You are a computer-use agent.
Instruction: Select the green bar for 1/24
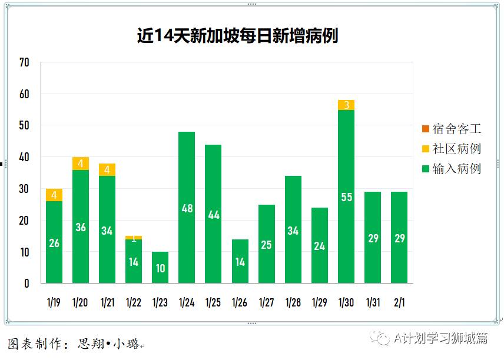[187, 207]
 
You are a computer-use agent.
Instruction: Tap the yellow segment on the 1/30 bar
[346, 105]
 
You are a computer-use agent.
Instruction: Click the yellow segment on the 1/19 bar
[54, 195]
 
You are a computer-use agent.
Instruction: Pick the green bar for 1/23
[160, 267]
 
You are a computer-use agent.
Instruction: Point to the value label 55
[346, 197]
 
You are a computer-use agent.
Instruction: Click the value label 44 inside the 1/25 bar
[213, 215]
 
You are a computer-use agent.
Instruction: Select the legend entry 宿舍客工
[452, 128]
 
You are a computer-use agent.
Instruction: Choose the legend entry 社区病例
[452, 148]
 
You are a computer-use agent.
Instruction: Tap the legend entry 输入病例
[452, 169]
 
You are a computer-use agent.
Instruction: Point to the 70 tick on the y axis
[24, 62]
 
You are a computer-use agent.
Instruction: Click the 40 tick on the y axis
[24, 157]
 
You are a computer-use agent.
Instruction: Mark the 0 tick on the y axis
[26, 284]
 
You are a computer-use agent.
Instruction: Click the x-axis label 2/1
[399, 302]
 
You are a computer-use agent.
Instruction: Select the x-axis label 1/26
[240, 302]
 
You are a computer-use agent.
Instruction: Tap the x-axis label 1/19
[54, 302]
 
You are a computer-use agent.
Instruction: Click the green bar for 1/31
[373, 238]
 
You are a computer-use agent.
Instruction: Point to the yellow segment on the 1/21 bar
[107, 170]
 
